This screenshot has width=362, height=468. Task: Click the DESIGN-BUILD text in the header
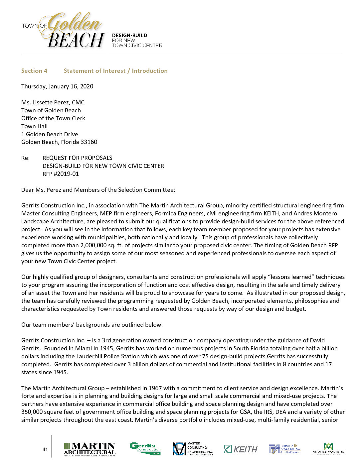point(129,35)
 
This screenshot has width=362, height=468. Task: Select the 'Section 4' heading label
point(34,71)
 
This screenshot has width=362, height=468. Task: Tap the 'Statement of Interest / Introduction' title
point(115,71)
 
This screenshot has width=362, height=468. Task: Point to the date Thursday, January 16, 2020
point(57,86)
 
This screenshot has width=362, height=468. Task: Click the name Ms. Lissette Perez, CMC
point(53,102)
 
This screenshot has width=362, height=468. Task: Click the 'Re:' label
point(25,158)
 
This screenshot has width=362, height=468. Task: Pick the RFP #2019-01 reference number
point(61,174)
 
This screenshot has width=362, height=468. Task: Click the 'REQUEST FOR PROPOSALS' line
point(77,158)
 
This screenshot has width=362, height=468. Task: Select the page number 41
point(45,449)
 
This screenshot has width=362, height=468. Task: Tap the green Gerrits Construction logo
point(145,449)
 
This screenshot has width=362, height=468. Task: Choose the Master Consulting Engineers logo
point(193,449)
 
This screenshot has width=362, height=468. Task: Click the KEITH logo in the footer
point(241,449)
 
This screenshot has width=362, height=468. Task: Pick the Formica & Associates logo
point(284,449)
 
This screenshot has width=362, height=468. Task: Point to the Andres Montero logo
point(328,449)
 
